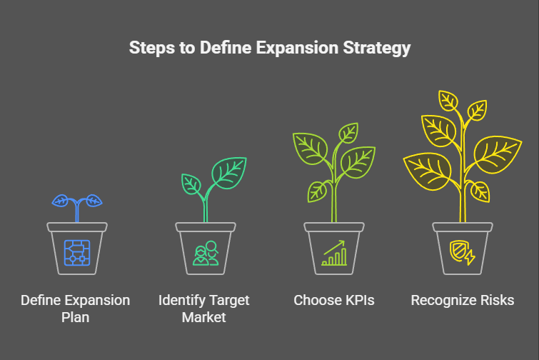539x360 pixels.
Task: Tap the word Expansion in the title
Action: coord(297,48)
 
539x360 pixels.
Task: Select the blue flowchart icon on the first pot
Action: coord(77,253)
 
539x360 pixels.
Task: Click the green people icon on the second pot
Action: coord(206,253)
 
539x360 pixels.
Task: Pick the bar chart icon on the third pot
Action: coord(334,253)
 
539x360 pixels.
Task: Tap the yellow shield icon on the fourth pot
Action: coord(463,253)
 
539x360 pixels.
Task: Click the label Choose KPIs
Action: coord(334,300)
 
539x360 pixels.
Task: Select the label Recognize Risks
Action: coord(463,301)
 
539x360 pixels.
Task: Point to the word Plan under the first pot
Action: coord(75,317)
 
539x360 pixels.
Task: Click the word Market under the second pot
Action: coord(204,317)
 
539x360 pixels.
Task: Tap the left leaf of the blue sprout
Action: coord(61,201)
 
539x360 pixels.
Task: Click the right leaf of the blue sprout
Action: coord(94,201)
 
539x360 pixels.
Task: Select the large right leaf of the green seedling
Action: coord(229,173)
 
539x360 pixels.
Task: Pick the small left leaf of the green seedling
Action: coord(191,184)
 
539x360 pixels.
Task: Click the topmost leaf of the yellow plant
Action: coord(448,101)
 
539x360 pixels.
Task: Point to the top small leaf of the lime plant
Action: coord(348,133)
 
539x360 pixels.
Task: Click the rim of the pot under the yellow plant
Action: coord(463,226)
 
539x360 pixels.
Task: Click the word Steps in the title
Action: coord(152,48)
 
